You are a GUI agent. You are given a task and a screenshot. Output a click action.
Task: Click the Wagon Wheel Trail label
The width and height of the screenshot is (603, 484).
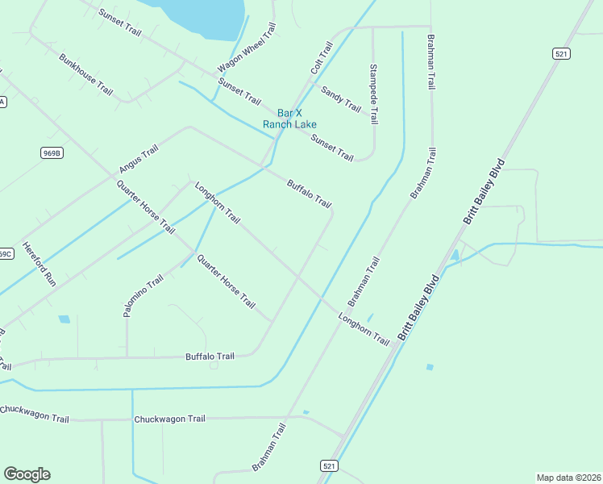247,48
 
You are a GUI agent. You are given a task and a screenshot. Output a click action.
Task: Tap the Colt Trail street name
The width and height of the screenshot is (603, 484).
322,59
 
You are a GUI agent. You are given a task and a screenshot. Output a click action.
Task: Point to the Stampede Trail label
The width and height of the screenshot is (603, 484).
373,94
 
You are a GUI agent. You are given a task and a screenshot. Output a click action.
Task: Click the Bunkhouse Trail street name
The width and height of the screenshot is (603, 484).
85,75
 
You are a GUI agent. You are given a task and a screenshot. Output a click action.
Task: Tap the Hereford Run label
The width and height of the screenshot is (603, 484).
39,265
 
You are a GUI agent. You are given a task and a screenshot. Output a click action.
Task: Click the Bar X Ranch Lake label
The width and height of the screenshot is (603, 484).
289,119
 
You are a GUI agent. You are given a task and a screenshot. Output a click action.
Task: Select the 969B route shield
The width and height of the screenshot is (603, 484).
50,151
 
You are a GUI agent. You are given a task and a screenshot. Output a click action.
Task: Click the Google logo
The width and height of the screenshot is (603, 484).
27,474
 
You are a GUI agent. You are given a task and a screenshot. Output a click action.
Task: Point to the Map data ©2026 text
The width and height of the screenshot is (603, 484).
568,478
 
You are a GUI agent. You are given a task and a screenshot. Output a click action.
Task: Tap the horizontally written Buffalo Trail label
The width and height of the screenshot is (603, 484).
210,356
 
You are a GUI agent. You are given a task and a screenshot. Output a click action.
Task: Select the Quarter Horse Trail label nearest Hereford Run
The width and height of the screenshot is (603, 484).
145,207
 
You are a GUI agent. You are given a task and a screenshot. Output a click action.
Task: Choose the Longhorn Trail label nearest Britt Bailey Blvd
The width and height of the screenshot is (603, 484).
364,331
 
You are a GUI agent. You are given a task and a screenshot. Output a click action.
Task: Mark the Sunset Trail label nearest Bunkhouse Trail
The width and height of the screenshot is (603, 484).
119,23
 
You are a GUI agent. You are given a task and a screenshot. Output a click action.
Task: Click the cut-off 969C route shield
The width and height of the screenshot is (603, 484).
5,253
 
